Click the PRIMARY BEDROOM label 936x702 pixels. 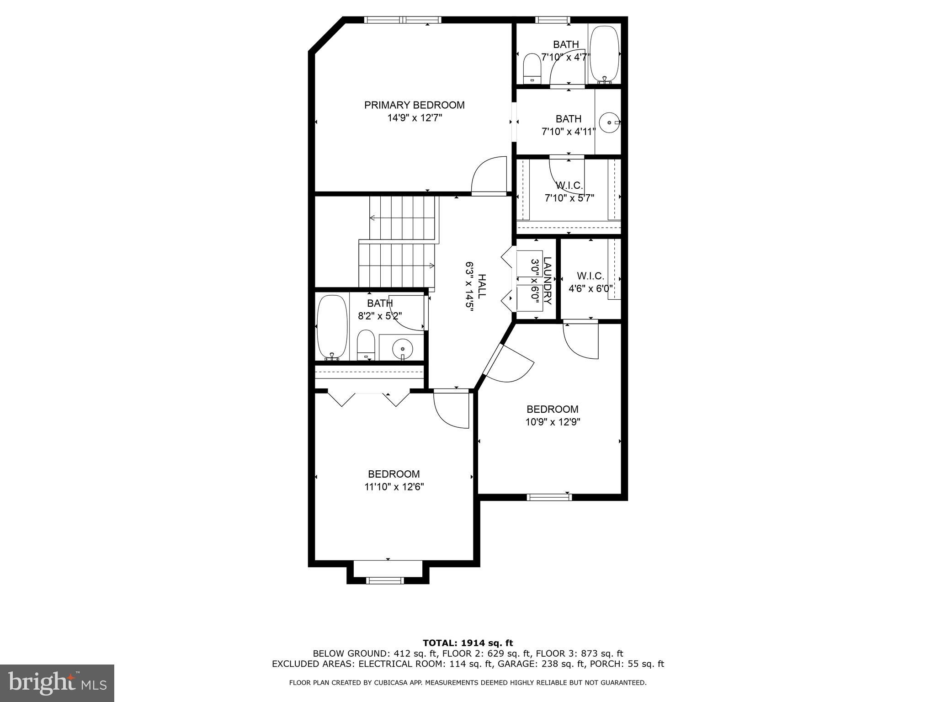click(x=414, y=105)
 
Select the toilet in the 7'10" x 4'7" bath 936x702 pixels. click(x=532, y=69)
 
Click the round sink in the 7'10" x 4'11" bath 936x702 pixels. click(x=609, y=122)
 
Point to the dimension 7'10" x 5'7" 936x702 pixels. click(x=569, y=198)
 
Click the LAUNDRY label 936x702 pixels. click(x=548, y=281)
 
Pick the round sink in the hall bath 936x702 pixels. click(x=403, y=348)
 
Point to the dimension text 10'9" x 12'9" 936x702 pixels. click(x=553, y=422)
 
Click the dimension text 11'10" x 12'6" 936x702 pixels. click(x=394, y=487)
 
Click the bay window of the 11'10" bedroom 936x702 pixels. click(x=385, y=580)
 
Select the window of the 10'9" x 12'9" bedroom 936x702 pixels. click(x=549, y=497)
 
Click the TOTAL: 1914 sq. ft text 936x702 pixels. click(x=468, y=643)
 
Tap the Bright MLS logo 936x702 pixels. click(x=57, y=683)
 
